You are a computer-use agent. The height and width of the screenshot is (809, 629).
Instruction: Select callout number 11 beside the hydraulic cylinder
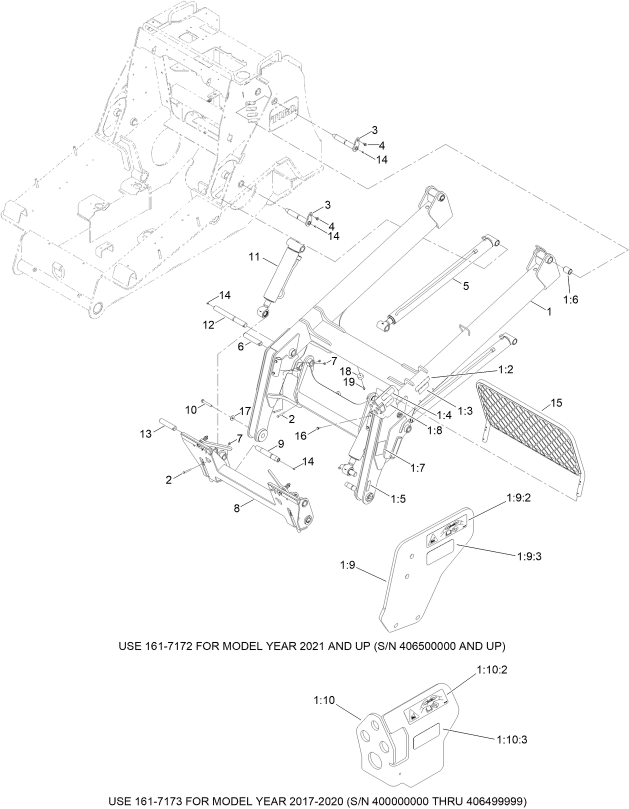point(254,257)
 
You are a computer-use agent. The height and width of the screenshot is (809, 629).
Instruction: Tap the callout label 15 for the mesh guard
point(556,402)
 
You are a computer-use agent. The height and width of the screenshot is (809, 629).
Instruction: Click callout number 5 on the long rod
point(465,285)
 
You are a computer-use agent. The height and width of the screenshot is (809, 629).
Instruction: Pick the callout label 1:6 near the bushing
point(570,299)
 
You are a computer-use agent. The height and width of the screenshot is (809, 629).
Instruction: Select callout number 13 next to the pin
point(145,434)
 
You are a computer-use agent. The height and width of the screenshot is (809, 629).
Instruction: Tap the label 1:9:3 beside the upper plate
point(530,555)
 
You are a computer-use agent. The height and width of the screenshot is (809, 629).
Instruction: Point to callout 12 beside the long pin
point(208,324)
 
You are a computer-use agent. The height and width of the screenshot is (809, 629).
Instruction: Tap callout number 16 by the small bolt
point(300,436)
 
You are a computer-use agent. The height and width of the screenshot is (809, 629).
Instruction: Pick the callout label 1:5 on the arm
point(398,498)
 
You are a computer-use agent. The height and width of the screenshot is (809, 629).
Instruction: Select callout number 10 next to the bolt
point(191,410)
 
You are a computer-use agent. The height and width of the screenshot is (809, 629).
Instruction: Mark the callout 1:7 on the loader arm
point(417,468)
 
